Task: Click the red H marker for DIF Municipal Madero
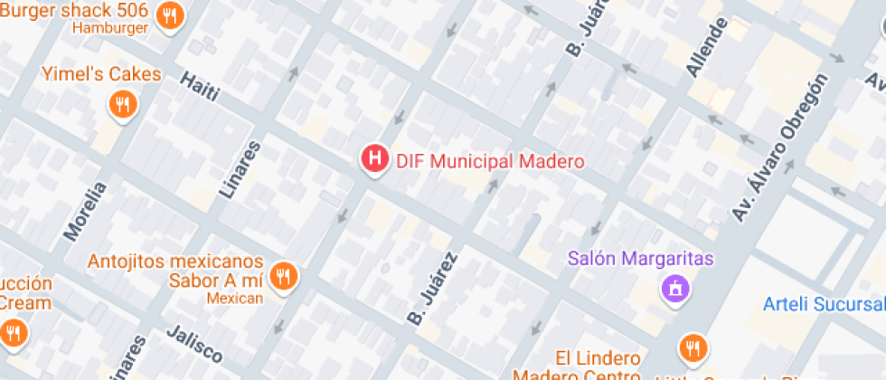[374, 160]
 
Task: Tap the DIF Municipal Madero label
[490, 162]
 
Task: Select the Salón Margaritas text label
[641, 259]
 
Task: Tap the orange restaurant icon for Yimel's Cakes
[122, 105]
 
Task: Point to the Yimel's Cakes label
[101, 74]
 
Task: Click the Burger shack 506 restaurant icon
[169, 16]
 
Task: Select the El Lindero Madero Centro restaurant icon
[693, 348]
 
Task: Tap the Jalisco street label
[193, 345]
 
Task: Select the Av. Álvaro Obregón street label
[780, 147]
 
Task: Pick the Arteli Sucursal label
[824, 303]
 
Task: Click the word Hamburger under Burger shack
[109, 28]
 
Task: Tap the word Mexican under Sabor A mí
[235, 298]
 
